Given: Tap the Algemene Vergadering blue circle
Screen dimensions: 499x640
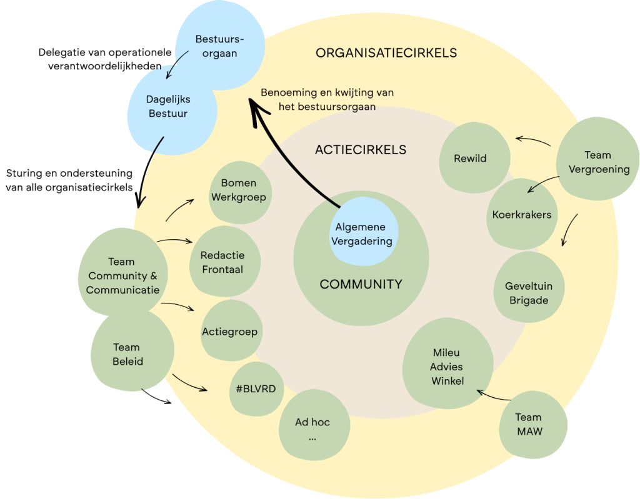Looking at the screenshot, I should click(364, 234).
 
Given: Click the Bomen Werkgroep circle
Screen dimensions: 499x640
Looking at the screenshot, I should click(238, 190).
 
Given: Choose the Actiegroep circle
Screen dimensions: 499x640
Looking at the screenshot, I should click(229, 331).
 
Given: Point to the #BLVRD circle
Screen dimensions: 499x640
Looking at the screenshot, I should click(256, 388).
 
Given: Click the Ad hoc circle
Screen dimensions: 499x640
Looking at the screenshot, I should click(312, 428).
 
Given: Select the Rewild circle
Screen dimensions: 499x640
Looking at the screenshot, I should click(471, 157).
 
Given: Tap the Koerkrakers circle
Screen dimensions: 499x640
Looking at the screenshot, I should click(521, 215).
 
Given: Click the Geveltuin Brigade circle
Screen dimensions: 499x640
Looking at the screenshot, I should click(528, 292).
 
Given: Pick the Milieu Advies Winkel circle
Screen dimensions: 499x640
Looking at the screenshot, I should click(447, 367).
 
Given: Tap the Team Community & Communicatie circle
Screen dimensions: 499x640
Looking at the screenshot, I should click(122, 275).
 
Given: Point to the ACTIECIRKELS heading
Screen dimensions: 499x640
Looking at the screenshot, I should click(361, 150).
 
